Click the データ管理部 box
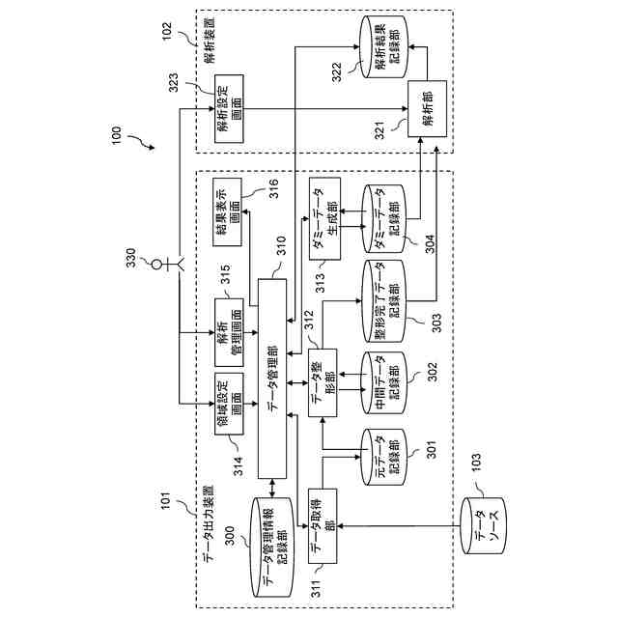pos(272,379)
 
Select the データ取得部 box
pos(323,525)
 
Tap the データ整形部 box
pos(323,382)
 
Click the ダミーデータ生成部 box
pos(324,218)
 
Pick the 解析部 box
pos(427,109)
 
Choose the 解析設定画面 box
pos(229,109)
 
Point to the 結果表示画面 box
pos(228,212)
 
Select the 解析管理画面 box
pos(229,332)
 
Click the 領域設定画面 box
pos(229,404)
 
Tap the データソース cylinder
pos(484,525)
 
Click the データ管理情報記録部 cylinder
pos(272,548)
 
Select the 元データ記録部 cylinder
pos(383,457)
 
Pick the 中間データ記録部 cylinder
pos(383,382)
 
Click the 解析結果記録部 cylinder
pos(384,46)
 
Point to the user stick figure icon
pos(168,264)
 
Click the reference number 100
pos(117,135)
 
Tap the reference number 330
pos(131,258)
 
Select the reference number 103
pos(476,462)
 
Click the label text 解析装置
pos(210,40)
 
